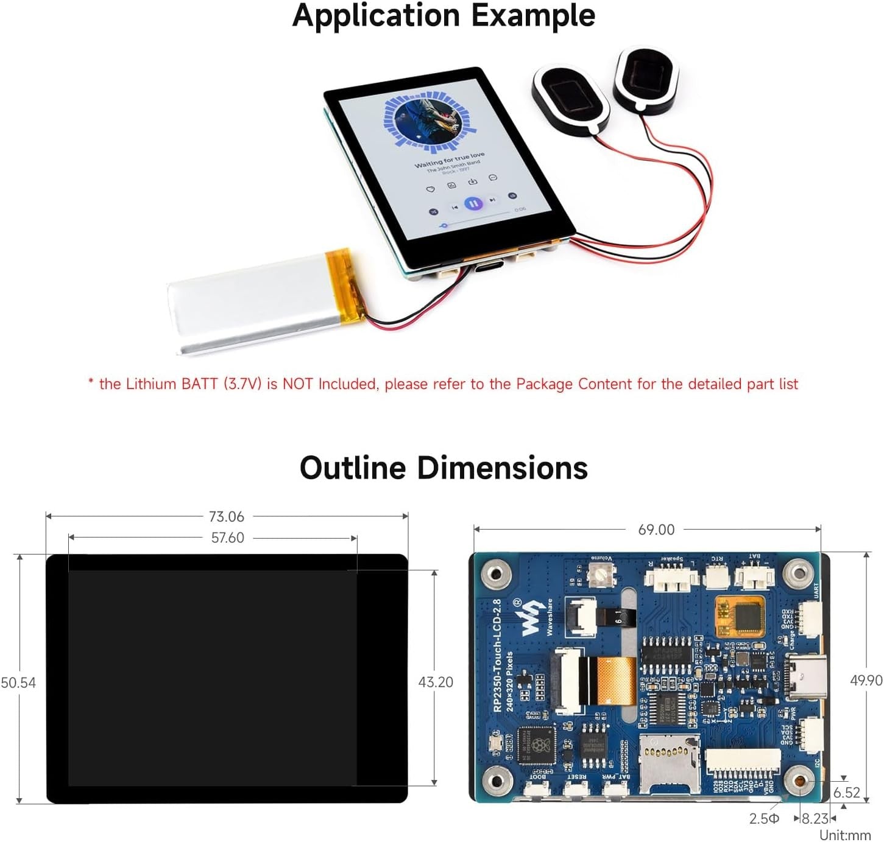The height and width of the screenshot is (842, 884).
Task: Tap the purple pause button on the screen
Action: tap(473, 203)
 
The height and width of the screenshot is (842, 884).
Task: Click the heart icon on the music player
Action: tap(431, 189)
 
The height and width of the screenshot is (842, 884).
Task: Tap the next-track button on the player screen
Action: tap(492, 200)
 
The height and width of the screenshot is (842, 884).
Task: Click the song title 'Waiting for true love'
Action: tap(450, 160)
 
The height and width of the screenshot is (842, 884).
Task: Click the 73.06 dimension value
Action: tap(226, 517)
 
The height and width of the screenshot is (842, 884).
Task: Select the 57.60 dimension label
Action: tap(227, 538)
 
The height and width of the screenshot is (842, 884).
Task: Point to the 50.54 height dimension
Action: tap(18, 682)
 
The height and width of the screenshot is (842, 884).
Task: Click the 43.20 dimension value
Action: tap(436, 682)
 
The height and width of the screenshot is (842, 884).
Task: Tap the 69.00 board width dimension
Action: tap(656, 530)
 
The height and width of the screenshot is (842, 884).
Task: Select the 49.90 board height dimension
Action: tap(866, 680)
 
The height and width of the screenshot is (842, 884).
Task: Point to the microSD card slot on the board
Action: tap(668, 763)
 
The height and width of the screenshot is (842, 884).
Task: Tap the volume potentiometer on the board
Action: tap(601, 574)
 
